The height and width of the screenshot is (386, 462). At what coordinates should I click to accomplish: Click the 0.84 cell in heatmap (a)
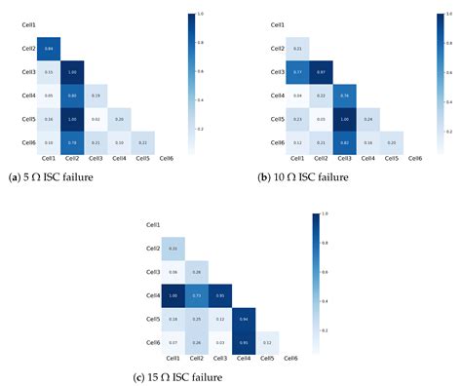tap(49, 49)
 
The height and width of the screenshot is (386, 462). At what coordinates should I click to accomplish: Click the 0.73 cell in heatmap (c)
tap(197, 295)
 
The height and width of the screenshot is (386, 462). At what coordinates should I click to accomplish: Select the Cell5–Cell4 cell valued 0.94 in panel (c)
tap(244, 319)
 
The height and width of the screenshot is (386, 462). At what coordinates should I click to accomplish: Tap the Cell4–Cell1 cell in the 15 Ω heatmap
tap(173, 295)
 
